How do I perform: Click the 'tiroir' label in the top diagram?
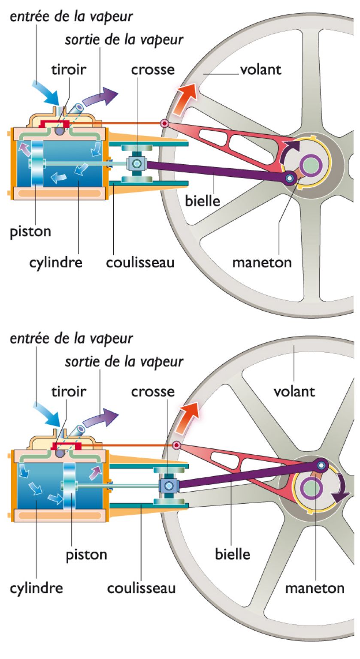click(69, 70)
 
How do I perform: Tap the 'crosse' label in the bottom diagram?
click(153, 392)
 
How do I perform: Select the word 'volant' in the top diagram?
click(260, 70)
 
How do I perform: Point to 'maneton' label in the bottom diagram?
click(315, 588)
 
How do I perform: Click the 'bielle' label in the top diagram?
click(203, 200)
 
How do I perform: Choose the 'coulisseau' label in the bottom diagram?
click(141, 588)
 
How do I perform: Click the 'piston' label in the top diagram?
click(30, 232)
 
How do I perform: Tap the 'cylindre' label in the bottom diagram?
click(36, 588)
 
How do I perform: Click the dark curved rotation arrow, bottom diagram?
click(342, 490)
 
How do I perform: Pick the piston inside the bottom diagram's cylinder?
click(69, 485)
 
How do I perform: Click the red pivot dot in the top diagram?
click(164, 124)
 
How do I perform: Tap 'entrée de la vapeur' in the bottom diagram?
click(71, 339)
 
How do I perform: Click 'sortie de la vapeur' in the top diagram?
click(124, 40)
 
